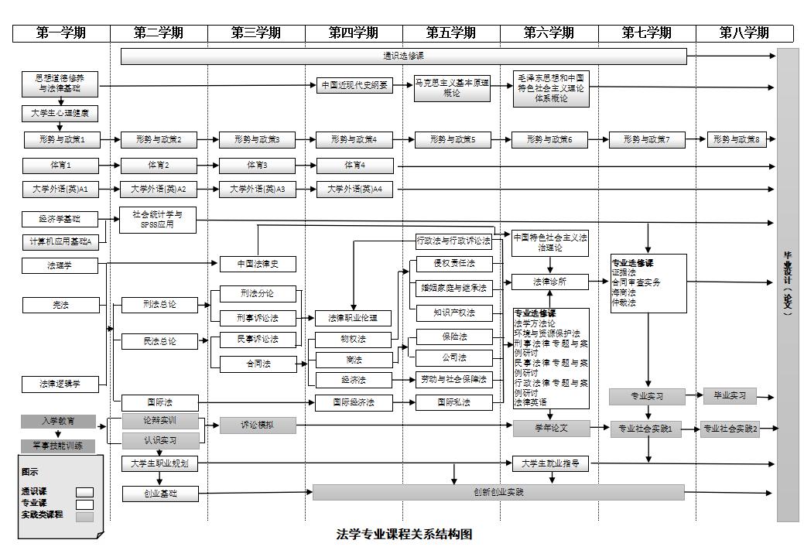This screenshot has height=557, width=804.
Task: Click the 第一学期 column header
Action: pyautogui.click(x=61, y=33)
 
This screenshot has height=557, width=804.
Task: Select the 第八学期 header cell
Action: pyautogui.click(x=744, y=33)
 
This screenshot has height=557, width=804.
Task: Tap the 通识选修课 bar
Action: pyautogui.click(x=404, y=56)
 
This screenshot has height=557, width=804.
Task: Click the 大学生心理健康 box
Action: pyautogui.click(x=60, y=114)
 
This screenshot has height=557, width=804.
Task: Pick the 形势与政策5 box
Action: pyautogui.click(x=453, y=140)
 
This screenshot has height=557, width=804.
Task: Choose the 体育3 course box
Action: pyautogui.click(x=258, y=166)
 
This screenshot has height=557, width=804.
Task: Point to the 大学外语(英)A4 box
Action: pyautogui.click(x=354, y=190)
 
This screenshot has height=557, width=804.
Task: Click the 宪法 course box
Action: pyautogui.click(x=60, y=305)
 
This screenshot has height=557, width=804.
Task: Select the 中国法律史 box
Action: pyautogui.click(x=258, y=265)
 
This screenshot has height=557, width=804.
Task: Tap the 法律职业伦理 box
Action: pyautogui.click(x=354, y=318)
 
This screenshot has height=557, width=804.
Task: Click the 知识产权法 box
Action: pyautogui.click(x=453, y=313)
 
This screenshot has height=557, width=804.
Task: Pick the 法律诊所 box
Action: pyautogui.click(x=550, y=282)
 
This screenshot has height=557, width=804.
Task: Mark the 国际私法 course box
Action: pyautogui.click(x=453, y=402)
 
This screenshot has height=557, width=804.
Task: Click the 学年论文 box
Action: pyautogui.click(x=551, y=427)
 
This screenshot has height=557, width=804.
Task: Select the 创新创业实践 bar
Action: pyautogui.click(x=498, y=492)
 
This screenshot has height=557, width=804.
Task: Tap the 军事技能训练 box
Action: pyautogui.click(x=58, y=446)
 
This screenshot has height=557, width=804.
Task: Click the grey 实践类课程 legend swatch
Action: pyautogui.click(x=84, y=516)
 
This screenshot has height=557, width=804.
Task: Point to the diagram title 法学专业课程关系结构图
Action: pyautogui.click(x=404, y=535)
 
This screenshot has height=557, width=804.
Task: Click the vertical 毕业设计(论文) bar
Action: pyautogui.click(x=787, y=285)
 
